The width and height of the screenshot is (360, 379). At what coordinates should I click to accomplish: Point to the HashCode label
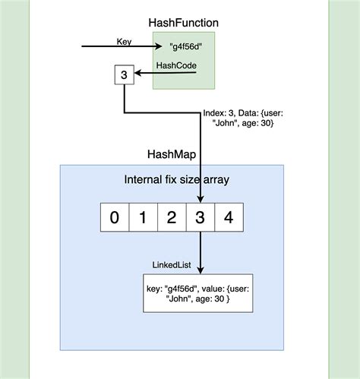(x=176, y=66)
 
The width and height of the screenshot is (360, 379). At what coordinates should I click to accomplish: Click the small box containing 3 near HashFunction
(x=124, y=75)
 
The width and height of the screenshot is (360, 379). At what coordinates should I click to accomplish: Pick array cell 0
(x=114, y=217)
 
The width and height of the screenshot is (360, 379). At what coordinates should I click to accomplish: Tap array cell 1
(x=143, y=217)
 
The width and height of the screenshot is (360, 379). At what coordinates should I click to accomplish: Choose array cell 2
(x=172, y=217)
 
